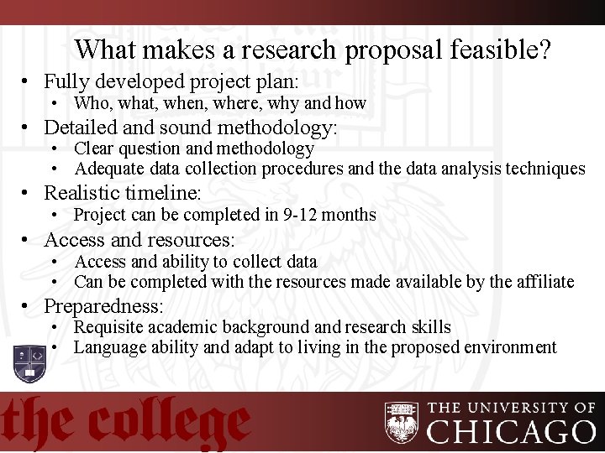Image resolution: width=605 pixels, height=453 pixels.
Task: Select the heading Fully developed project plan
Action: [171, 81]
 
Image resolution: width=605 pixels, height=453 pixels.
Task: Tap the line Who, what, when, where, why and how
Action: [220, 103]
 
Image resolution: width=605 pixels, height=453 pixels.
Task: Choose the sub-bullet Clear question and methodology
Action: [193, 148]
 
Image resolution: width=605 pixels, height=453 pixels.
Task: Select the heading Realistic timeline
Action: [122, 194]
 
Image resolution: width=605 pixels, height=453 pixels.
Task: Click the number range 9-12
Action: [294, 215]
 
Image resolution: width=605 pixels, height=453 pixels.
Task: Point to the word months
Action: [348, 215]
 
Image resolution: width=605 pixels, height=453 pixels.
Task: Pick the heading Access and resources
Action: [139, 240]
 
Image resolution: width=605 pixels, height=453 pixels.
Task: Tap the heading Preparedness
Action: [103, 306]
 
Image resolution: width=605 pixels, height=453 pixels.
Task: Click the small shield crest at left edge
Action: [29, 362]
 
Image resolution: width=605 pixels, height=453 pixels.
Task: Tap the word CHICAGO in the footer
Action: [512, 430]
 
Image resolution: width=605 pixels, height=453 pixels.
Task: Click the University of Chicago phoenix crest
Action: [402, 422]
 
